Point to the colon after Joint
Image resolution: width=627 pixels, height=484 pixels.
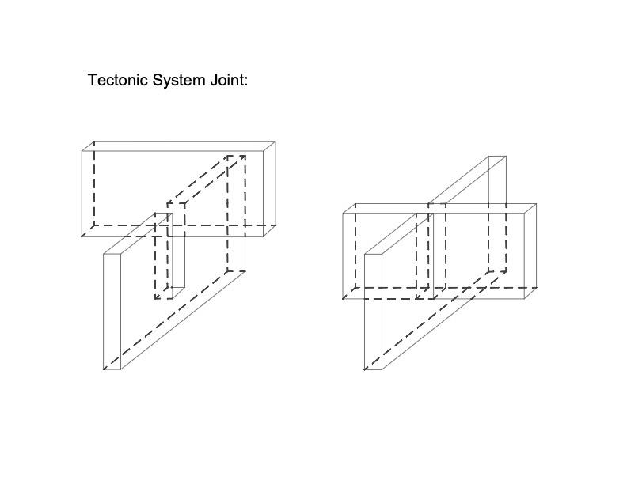246,81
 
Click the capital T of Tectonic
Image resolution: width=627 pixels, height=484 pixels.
92,80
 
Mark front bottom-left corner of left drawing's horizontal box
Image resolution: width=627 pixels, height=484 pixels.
83,236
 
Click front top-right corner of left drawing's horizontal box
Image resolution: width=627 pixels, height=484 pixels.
264,150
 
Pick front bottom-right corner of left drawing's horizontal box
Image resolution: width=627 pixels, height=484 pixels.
264,236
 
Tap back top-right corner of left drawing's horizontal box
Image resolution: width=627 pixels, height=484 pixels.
275,142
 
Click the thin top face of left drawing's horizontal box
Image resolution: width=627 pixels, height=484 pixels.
179,146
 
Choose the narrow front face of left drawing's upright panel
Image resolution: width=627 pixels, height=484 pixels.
112,310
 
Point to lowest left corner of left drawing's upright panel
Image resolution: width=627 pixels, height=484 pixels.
104,369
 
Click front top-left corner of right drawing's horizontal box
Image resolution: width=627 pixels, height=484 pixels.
344,213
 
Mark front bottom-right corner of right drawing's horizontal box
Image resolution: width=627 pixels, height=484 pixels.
526,299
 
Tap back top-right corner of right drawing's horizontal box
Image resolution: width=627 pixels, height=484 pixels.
536,204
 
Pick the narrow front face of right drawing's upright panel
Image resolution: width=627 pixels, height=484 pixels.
374,310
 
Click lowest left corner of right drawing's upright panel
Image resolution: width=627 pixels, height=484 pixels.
365,369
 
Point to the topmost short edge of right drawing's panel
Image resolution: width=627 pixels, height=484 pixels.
497,157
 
